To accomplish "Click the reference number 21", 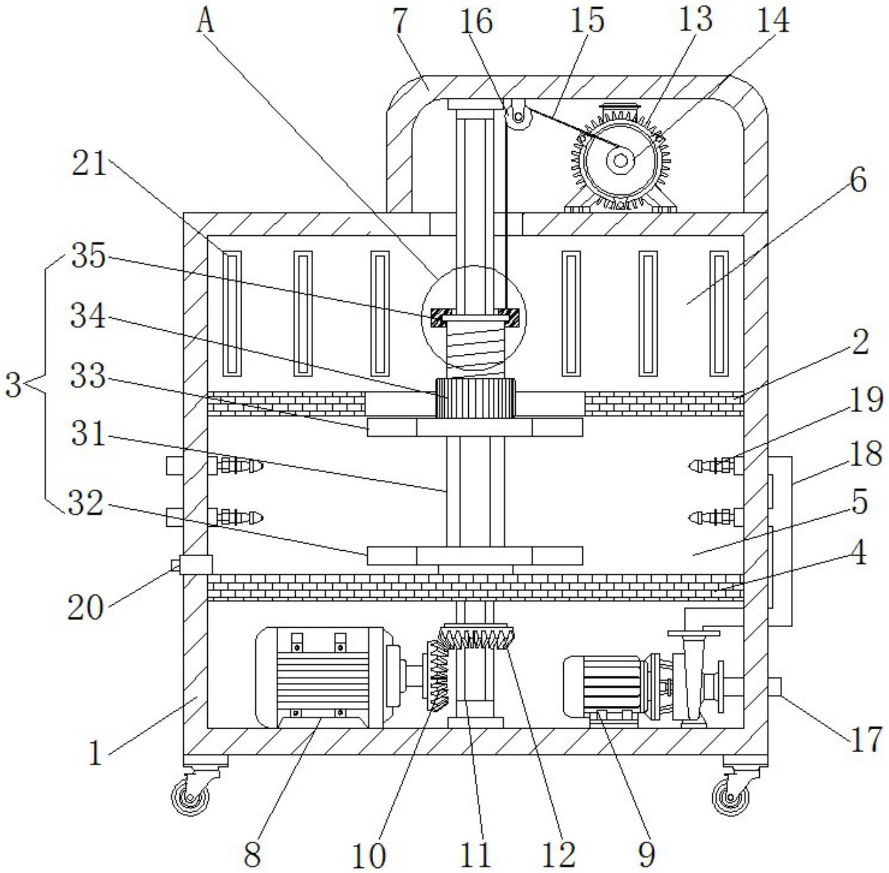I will click(89, 165).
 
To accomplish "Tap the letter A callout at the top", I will click(205, 22).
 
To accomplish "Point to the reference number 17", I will click(864, 739).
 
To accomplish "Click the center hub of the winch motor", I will click(620, 161).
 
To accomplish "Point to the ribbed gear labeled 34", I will click(475, 398).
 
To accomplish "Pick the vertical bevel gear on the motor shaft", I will click(438, 676).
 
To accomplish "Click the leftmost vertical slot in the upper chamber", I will click(232, 313).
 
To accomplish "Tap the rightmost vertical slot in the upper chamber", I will click(718, 313).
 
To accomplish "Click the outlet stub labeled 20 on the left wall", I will click(194, 564).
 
